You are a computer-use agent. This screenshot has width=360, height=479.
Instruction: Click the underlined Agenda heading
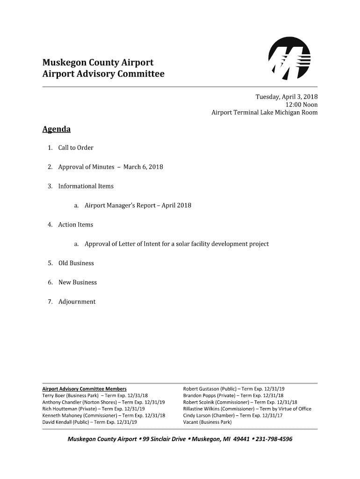pyautogui.click(x=56, y=129)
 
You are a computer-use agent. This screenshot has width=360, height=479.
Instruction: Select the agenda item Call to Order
pyautogui.click(x=76, y=148)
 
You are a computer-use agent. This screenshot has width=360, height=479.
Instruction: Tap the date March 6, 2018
pyautogui.click(x=143, y=167)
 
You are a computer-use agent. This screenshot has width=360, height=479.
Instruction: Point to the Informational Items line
pyautogui.click(x=86, y=186)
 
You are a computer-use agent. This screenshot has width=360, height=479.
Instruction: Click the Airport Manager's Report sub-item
pyautogui.click(x=137, y=205)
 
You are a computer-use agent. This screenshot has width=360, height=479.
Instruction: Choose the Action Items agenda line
pyautogui.click(x=75, y=225)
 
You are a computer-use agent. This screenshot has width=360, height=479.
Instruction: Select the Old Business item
pyautogui.click(x=76, y=263)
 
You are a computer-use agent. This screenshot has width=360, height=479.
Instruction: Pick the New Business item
pyautogui.click(x=77, y=282)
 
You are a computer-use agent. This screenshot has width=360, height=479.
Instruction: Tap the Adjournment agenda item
pyautogui.click(x=77, y=302)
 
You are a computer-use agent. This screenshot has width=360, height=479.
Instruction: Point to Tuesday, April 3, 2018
pyautogui.click(x=286, y=97)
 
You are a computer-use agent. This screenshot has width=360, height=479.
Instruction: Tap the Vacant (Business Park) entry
pyautogui.click(x=207, y=422)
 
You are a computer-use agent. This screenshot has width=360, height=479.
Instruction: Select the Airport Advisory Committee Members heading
pyautogui.click(x=84, y=389)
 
